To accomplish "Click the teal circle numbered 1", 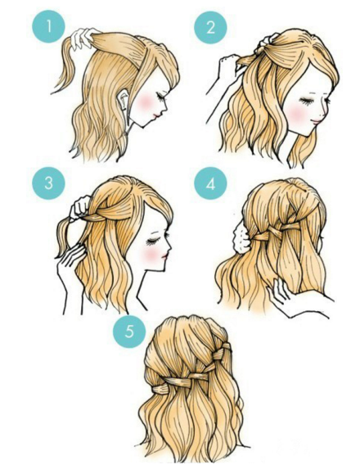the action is pyautogui.click(x=48, y=26).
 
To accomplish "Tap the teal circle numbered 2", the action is pyautogui.click(x=210, y=28).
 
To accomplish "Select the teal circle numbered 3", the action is pyautogui.click(x=48, y=183).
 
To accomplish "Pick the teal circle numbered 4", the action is pyautogui.click(x=210, y=183).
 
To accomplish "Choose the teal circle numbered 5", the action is pyautogui.click(x=129, y=332).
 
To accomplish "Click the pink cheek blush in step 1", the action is pyautogui.click(x=146, y=102).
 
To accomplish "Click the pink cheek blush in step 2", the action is pyautogui.click(x=297, y=113).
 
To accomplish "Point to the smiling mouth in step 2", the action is pyautogui.click(x=317, y=121).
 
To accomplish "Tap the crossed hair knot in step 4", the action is pyautogui.click(x=274, y=232).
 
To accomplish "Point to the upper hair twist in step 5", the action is pyautogui.click(x=220, y=351).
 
